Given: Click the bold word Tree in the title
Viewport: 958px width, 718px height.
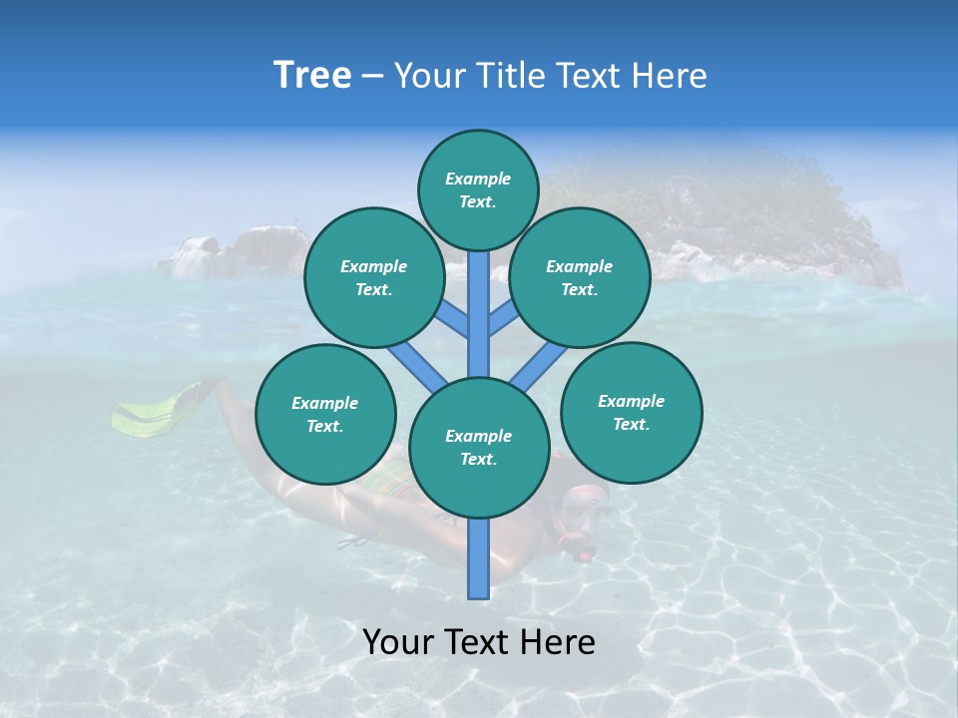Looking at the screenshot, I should coord(312,76).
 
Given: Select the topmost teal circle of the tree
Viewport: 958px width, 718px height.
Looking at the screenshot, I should coord(478,189).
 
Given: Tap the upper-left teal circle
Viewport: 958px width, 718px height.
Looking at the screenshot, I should coord(373,277).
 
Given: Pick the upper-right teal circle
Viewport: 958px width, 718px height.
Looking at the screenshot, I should coord(579,277).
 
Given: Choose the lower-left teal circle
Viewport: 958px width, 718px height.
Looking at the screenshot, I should coord(324,414).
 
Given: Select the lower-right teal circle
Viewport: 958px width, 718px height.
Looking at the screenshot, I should coord(631,412).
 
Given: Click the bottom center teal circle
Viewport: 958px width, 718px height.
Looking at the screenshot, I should coord(478,447).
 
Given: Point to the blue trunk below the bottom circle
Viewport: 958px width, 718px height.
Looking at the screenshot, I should coord(478,558).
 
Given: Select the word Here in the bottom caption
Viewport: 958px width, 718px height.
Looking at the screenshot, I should coord(560,642).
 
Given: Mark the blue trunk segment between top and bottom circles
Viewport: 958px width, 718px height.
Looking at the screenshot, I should coord(478,314).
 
